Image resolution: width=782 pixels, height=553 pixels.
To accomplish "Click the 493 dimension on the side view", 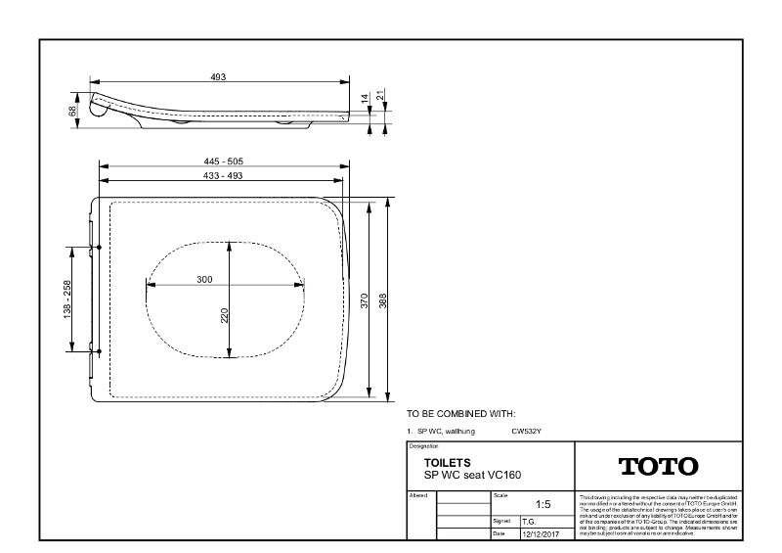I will (218, 76).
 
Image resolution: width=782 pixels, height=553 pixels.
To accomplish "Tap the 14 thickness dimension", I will (365, 99).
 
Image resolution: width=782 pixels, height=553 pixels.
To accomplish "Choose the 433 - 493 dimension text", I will (222, 175).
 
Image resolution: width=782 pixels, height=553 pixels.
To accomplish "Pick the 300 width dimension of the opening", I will (204, 279).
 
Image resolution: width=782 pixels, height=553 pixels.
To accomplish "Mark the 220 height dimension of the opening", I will (224, 315).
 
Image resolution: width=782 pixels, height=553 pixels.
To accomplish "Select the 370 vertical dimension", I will (365, 300).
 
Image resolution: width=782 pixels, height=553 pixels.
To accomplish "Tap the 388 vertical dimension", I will (382, 300).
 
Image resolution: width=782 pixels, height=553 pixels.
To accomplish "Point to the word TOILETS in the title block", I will (448, 462).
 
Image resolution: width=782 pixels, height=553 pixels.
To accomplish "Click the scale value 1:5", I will (543, 505).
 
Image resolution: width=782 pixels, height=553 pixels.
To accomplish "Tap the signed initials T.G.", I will (528, 522).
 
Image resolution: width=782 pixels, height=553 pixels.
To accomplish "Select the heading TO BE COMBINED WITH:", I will (459, 415).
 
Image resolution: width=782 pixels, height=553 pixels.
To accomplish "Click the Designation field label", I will (420, 445).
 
